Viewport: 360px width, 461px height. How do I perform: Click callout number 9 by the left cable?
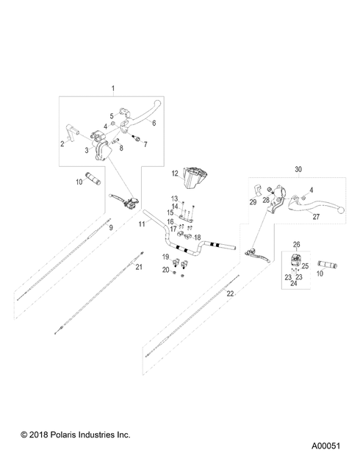click(111, 229)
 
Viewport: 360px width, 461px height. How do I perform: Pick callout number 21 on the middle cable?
click(137, 268)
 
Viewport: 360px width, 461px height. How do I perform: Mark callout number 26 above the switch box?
click(297, 244)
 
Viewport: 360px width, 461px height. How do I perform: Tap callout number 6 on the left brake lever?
click(154, 123)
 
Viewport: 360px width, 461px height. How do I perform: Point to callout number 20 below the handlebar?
click(165, 271)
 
